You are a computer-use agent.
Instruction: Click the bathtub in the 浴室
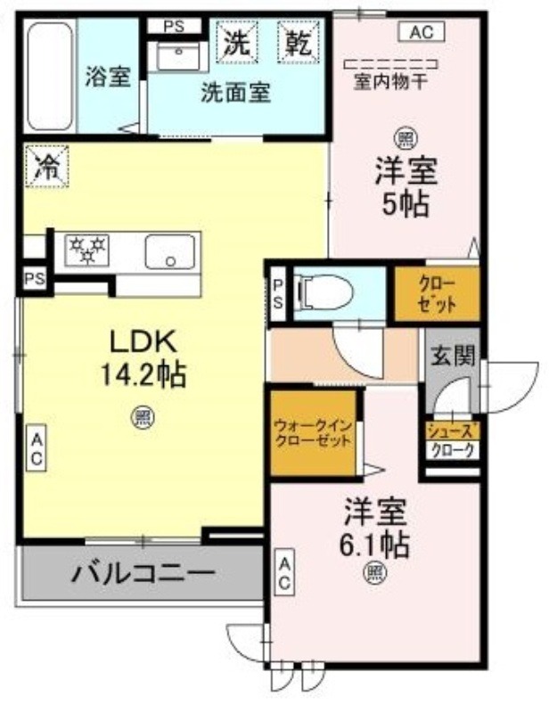coord(50,77)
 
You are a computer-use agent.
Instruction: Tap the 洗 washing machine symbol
coord(236,41)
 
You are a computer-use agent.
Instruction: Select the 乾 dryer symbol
coord(299,41)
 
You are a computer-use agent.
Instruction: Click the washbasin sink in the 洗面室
coord(177,56)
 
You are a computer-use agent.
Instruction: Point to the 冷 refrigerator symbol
coord(47,166)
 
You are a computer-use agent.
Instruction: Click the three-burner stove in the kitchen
coord(87,250)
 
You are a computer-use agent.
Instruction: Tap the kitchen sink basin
coord(169,251)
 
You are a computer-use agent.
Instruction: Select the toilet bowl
coord(323,294)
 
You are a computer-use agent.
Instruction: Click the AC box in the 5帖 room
coord(422,32)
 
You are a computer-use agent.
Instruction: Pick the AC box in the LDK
coord(36,448)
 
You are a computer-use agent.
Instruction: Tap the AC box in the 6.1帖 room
coord(284,572)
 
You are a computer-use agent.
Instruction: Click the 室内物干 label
coord(390,82)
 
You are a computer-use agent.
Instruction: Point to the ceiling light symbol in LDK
coord(143,417)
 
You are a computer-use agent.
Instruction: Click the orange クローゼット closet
coord(437,294)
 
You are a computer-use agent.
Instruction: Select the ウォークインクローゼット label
coord(314,433)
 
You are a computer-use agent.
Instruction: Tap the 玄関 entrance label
coord(453,355)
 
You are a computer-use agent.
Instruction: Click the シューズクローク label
coord(453,440)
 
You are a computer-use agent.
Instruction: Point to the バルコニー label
coord(143,574)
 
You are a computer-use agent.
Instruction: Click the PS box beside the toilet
coord(278,294)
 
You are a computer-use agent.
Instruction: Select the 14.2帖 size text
coord(143,374)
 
